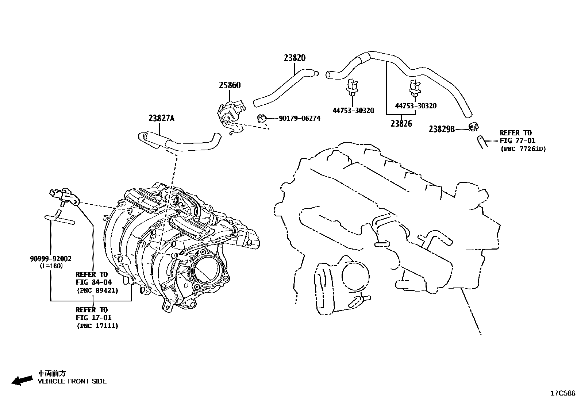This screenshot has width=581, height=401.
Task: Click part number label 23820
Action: (295, 58)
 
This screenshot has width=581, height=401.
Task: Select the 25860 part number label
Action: (230, 85)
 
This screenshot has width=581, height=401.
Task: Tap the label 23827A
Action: (161, 118)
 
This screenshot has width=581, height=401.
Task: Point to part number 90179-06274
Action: (299, 118)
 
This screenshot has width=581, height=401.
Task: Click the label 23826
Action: (401, 124)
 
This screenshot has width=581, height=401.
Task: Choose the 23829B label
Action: (442, 129)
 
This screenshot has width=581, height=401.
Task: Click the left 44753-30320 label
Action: (353, 110)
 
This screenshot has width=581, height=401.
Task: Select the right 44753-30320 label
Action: (416, 106)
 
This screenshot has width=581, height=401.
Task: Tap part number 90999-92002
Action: (50, 259)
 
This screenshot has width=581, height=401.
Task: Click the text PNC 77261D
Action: (523, 149)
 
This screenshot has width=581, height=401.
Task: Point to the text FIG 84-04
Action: (94, 282)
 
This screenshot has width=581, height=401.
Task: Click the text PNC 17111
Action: (97, 326)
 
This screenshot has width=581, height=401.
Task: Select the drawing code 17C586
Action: (563, 393)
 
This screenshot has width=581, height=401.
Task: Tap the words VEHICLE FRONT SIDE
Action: (72, 381)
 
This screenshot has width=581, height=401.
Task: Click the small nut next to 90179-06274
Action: (261, 117)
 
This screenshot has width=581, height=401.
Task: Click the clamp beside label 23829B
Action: (473, 127)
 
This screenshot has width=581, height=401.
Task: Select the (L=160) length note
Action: (51, 266)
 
